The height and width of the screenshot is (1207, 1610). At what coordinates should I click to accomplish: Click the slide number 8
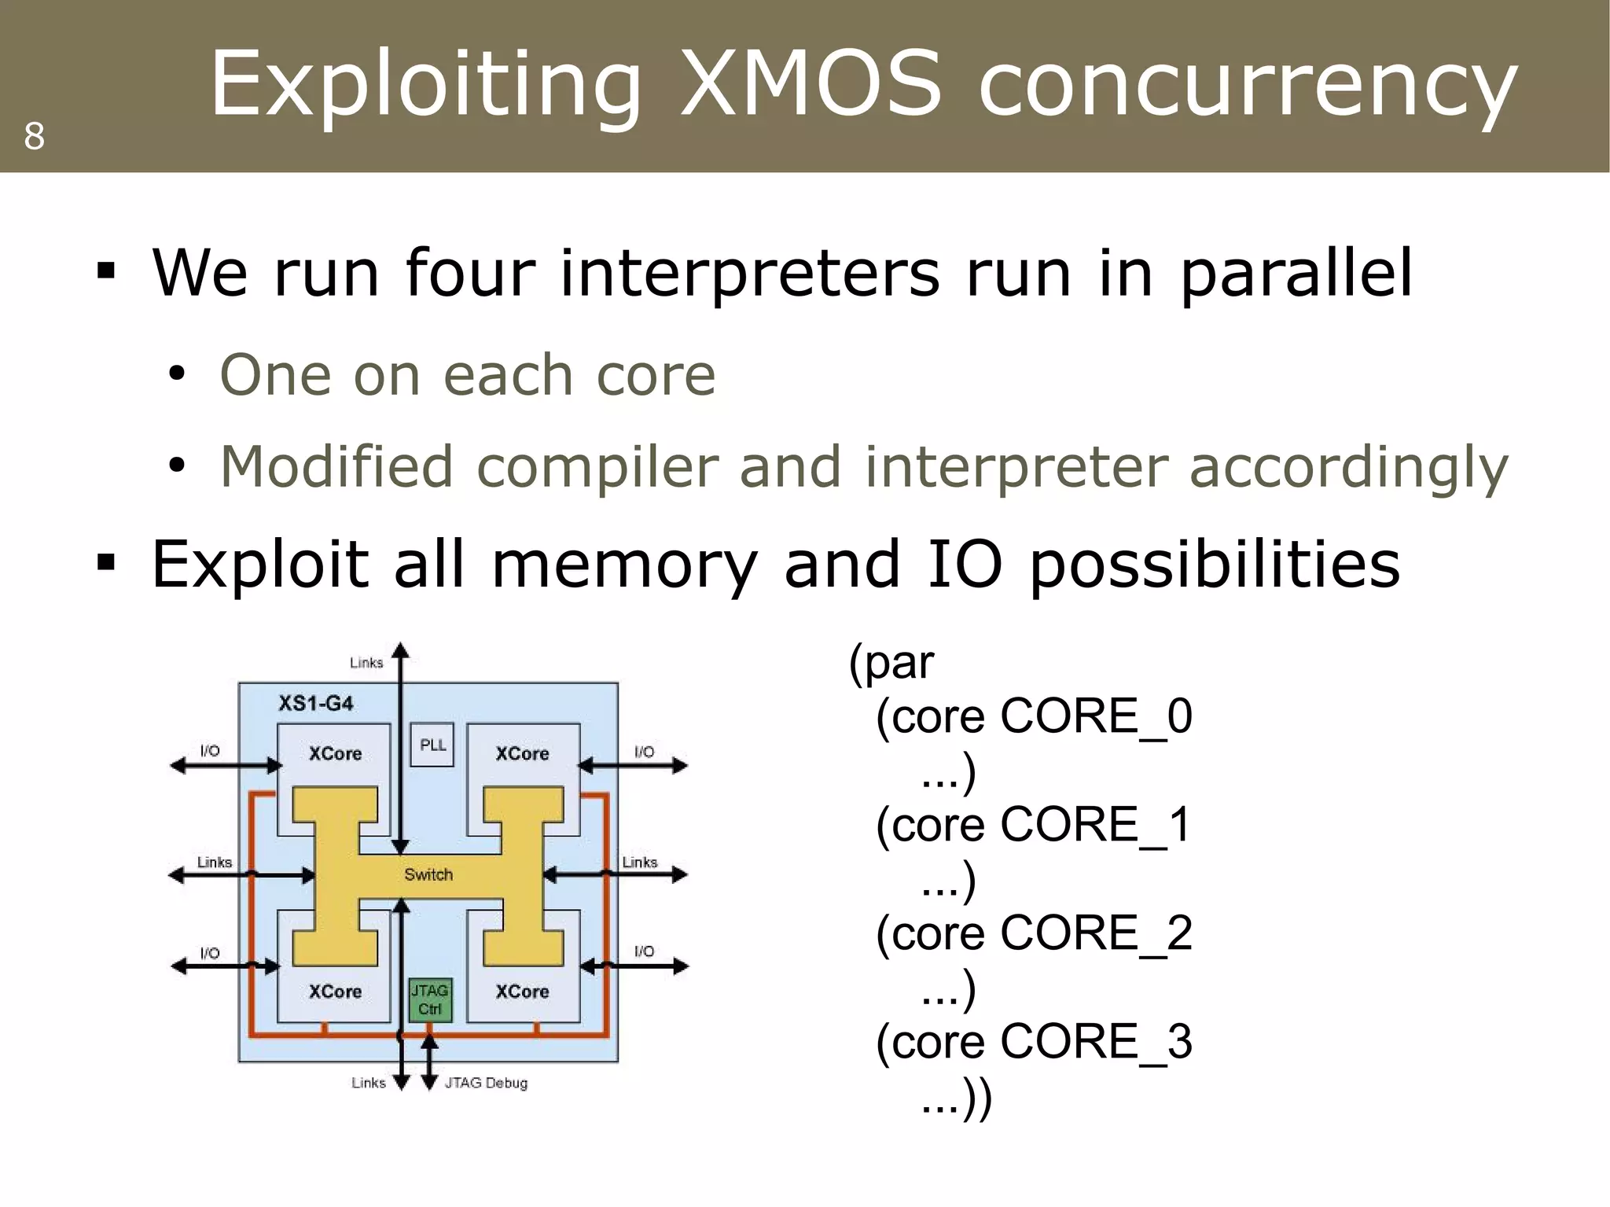click(x=34, y=136)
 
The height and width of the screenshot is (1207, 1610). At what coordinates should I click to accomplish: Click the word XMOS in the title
click(x=810, y=83)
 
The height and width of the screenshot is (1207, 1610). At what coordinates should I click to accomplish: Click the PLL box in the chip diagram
click(x=432, y=745)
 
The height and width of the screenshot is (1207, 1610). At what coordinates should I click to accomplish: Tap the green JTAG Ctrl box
click(x=430, y=999)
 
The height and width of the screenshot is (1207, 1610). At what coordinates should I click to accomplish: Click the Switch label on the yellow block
click(x=428, y=874)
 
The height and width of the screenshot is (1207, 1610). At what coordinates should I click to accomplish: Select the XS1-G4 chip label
click(x=316, y=703)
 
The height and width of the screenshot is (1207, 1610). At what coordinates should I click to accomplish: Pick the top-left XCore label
click(x=335, y=753)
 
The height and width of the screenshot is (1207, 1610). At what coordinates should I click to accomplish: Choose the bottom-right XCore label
click(x=522, y=992)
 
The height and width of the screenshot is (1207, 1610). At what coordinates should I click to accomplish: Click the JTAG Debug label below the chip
click(x=486, y=1083)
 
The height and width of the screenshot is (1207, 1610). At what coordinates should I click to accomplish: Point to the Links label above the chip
click(x=366, y=663)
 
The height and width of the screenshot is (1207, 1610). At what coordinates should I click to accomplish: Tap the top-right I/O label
click(x=644, y=752)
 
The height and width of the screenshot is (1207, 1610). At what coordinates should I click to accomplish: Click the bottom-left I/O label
click(x=210, y=953)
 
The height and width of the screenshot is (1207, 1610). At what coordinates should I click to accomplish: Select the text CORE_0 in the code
click(x=1096, y=716)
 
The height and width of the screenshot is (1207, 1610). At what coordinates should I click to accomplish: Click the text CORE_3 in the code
click(x=1096, y=1042)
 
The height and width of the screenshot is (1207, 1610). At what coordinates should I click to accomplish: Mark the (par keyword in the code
click(x=891, y=662)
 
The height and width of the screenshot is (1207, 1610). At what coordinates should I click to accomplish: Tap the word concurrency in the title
click(x=1248, y=83)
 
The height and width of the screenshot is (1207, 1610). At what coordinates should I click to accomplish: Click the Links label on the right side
click(x=639, y=863)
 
